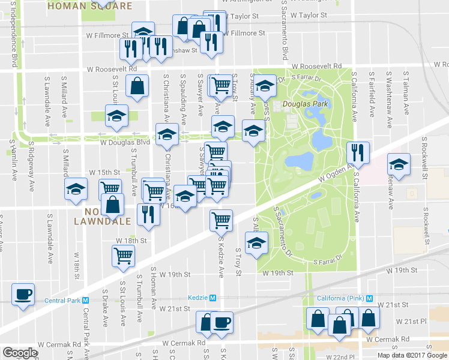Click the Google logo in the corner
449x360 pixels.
pyautogui.click(x=20, y=353)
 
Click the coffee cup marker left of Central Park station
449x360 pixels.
pyautogui.click(x=23, y=295)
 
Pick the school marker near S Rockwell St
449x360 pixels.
pyautogui.click(x=398, y=163)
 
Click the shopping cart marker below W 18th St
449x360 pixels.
pyautogui.click(x=124, y=256)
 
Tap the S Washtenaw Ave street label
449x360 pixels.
pyautogui.click(x=389, y=99)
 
